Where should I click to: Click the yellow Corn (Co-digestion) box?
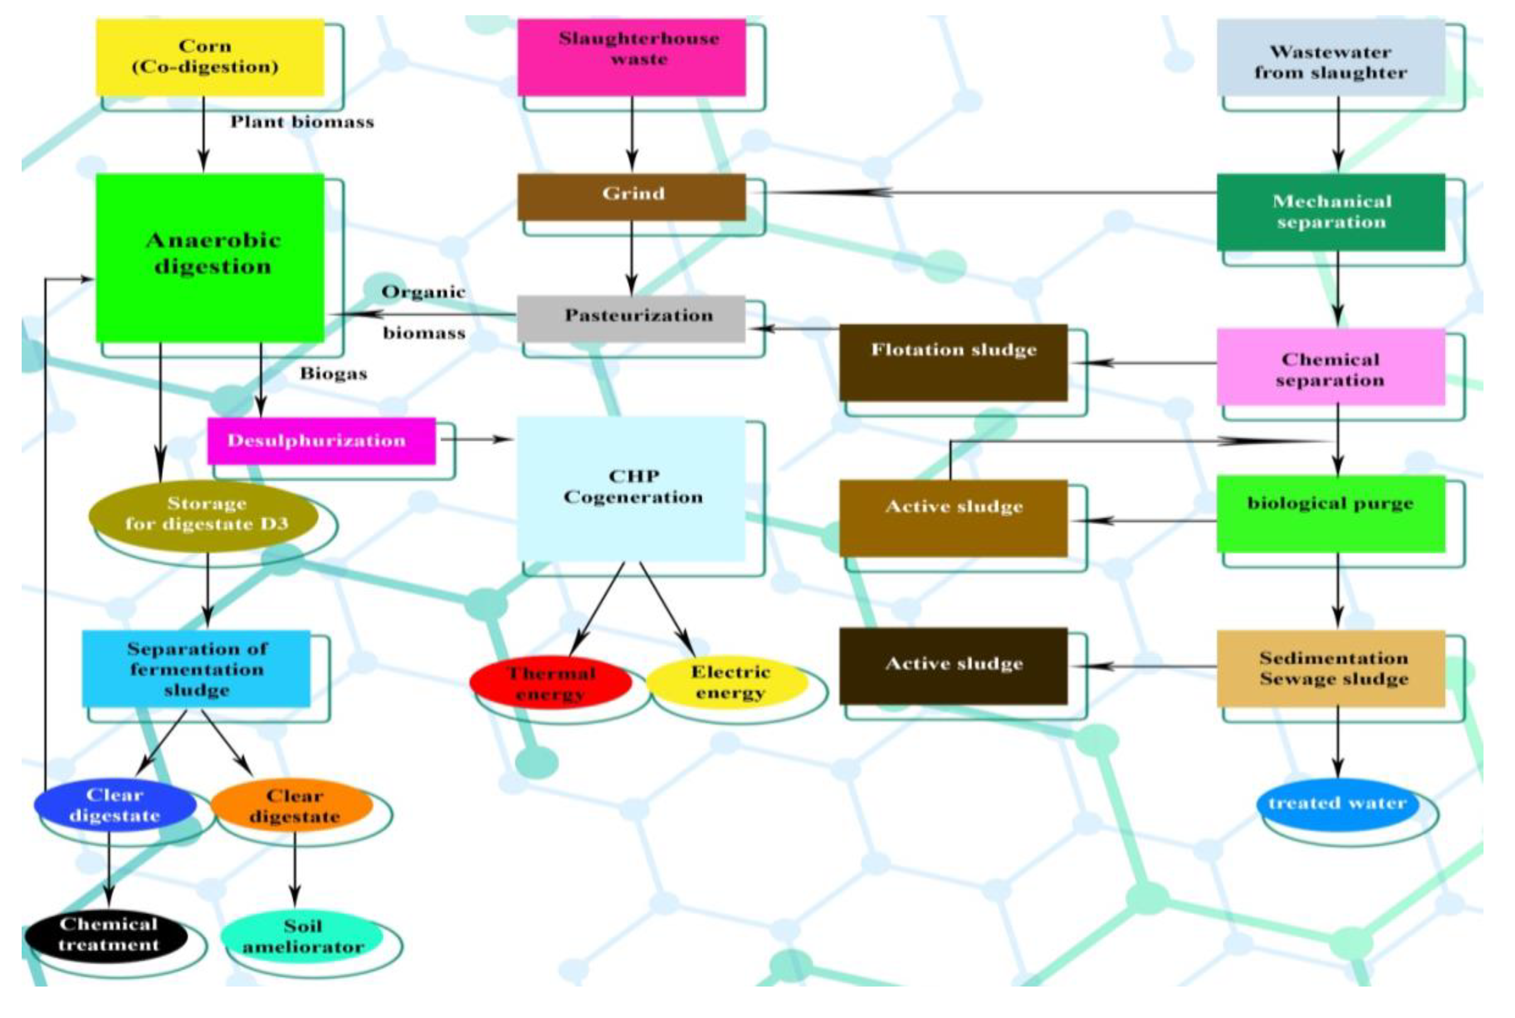click(x=210, y=57)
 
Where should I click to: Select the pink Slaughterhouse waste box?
click(x=631, y=57)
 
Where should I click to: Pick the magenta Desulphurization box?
click(x=321, y=440)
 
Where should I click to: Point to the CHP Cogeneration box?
click(x=631, y=488)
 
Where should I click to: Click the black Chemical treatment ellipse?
click(x=107, y=935)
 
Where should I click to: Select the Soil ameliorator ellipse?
click(x=302, y=936)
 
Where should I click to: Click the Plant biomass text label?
click(x=302, y=122)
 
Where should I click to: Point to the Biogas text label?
click(x=333, y=373)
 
